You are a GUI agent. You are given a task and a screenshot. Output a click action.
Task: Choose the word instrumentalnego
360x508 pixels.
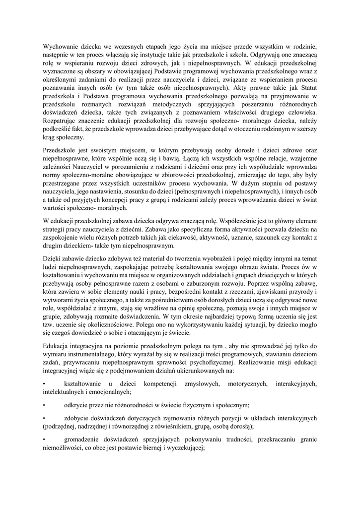[95, 355]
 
